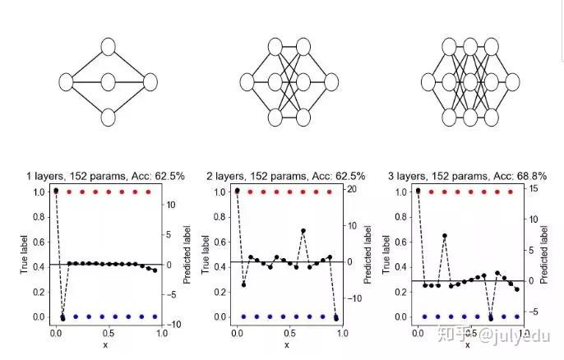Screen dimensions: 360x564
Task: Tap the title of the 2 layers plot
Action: click(x=289, y=176)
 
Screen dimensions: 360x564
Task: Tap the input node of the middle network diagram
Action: click(x=248, y=82)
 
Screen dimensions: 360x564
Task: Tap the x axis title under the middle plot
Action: click(x=287, y=345)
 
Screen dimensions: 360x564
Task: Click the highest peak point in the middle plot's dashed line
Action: click(x=303, y=231)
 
